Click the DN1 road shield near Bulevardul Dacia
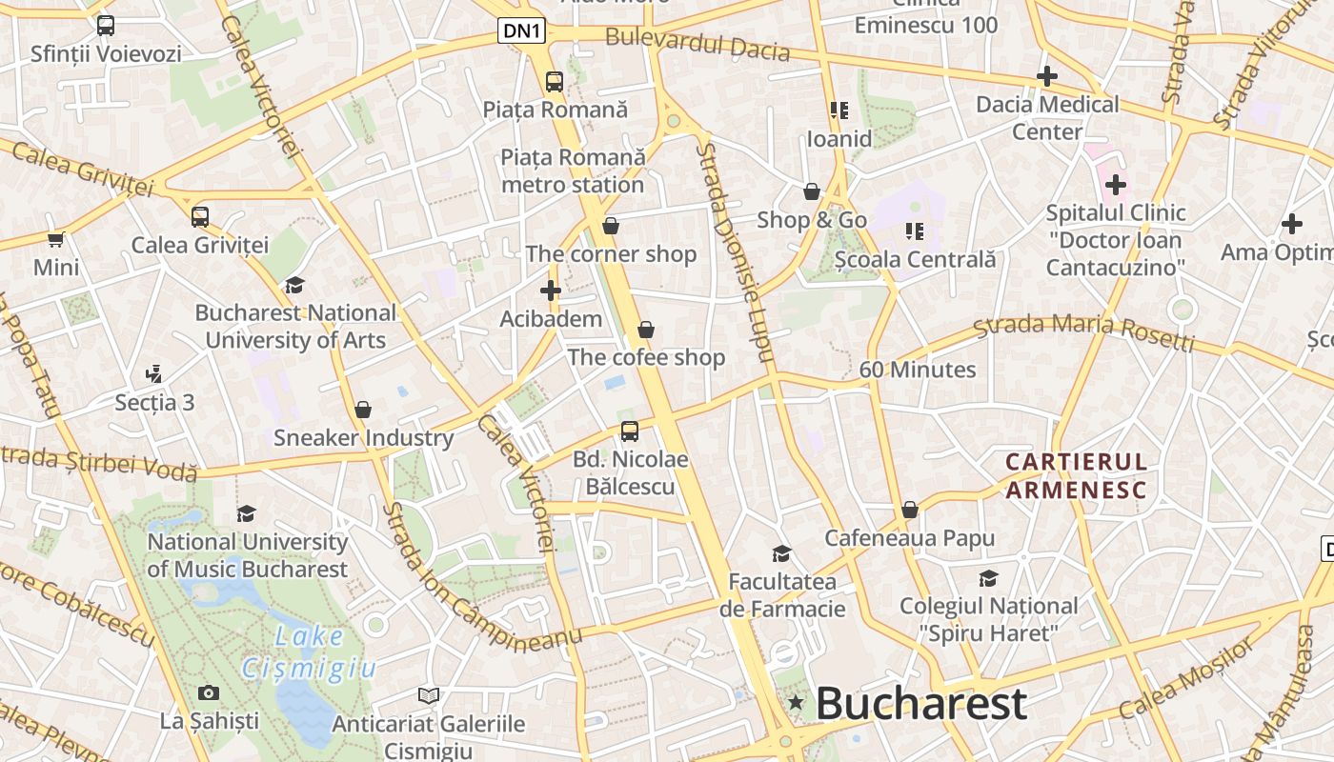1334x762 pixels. tap(522, 31)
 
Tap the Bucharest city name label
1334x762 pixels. tap(921, 705)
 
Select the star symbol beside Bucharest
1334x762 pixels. tap(796, 704)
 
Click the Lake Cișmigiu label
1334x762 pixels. tap(308, 652)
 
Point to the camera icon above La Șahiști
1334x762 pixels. tap(209, 692)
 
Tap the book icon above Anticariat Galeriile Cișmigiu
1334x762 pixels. tap(429, 696)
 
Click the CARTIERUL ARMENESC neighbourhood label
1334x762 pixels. tap(1077, 476)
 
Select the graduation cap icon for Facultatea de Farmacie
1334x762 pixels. tap(782, 553)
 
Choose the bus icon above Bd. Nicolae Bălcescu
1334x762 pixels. tap(630, 431)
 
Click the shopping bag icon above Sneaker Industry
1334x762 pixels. tap(363, 411)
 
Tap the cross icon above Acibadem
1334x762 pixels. tap(551, 291)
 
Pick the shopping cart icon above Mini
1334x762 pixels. tap(56, 239)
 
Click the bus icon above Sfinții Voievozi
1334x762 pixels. tap(106, 26)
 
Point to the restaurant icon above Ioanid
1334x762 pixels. tap(839, 111)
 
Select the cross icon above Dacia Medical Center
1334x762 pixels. tap(1047, 76)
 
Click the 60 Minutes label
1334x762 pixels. tap(918, 370)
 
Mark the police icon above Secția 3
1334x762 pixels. tap(154, 374)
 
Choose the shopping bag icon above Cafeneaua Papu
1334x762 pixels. tap(910, 511)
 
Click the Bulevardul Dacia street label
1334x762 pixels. tap(697, 44)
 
